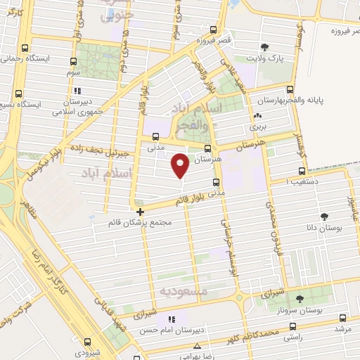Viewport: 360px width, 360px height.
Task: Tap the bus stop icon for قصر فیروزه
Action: pos(213,30)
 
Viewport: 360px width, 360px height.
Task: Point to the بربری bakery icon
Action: pos(257,117)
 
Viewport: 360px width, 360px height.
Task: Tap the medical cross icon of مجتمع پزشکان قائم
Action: pos(140,211)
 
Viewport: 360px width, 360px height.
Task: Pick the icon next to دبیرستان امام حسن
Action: pos(171,319)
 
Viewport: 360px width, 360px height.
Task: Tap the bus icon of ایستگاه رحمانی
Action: pos(25,49)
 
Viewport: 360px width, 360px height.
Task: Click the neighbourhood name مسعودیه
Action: pos(181,290)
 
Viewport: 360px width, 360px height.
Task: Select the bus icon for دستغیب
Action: pos(302,171)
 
